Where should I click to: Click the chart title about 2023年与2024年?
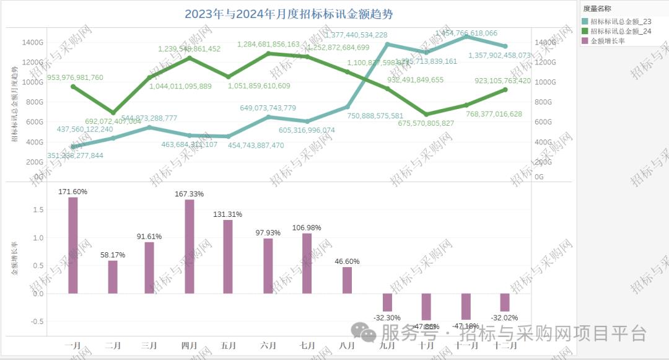tap(289, 14)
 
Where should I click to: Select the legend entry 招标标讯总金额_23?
tap(621, 21)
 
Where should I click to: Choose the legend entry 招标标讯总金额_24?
tap(621, 31)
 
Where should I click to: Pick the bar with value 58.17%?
tap(113, 276)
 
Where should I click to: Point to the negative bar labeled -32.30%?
tap(387, 302)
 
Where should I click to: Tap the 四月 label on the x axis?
tap(190, 345)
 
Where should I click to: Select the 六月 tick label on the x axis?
tap(269, 345)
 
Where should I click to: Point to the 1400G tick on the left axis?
tap(32, 42)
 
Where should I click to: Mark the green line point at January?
tap(73, 87)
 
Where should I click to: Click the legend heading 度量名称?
tap(598, 9)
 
